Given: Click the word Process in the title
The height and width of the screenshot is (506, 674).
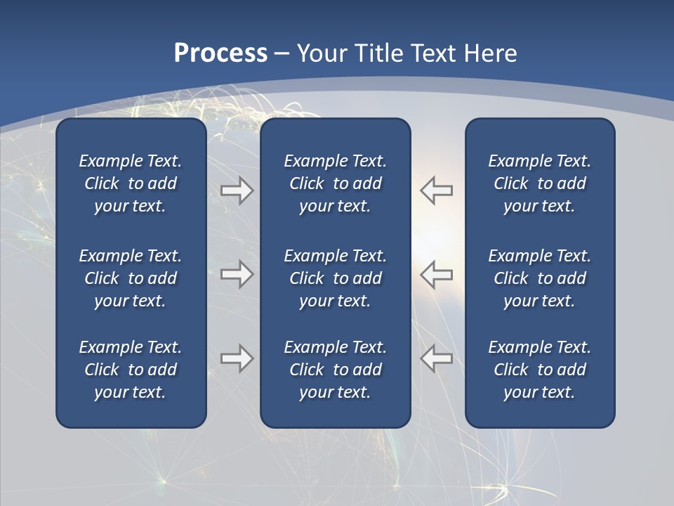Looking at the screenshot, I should point(220,53).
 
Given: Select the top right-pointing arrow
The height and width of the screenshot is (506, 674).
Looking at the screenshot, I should point(237,190).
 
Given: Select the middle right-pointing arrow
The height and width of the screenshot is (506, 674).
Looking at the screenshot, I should point(237,273).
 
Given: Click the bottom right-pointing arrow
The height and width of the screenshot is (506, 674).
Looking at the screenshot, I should point(237,358).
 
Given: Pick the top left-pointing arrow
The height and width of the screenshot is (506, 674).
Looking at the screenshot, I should point(436,190).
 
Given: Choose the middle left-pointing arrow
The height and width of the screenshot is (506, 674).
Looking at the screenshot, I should point(436,273).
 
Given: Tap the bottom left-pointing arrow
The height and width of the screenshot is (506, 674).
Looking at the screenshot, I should point(436,358).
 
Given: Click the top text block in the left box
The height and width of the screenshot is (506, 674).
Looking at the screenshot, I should point(131,183).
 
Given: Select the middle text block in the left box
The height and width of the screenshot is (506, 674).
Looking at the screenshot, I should point(131,278).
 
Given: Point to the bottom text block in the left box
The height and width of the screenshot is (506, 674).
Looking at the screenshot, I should point(131,370).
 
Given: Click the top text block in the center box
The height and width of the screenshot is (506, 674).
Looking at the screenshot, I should point(335,183).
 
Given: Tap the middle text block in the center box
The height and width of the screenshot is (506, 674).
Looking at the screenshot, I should point(335,278).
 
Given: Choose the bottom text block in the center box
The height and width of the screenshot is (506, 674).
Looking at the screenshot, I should point(335,370).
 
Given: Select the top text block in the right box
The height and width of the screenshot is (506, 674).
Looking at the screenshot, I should point(539,183).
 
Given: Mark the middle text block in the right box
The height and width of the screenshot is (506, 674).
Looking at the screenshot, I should point(539,278).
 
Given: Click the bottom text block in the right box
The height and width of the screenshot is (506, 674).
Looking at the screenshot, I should point(539,370).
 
